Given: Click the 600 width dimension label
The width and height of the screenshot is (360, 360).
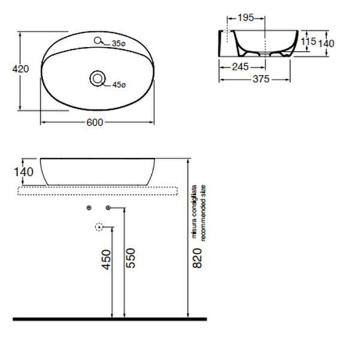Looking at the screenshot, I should tap(95, 122).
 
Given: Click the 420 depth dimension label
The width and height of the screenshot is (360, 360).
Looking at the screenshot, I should tap(21, 70).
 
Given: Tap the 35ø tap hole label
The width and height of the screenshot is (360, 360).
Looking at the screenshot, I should tap(118, 43).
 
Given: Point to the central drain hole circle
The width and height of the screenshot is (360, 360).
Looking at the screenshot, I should tap(97, 78).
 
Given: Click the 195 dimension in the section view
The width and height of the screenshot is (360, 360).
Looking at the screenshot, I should tap(245, 17).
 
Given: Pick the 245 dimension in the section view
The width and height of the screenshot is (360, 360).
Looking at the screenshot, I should tap(240, 67).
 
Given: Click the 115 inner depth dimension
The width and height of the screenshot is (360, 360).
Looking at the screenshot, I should tap(308, 41).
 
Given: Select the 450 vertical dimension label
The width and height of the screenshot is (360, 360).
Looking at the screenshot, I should tap(106, 259).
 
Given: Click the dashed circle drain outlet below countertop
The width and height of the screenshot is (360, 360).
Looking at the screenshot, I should tap(100, 227).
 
